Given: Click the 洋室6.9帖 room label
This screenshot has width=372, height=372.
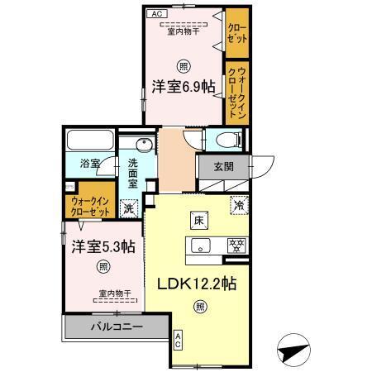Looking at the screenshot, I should tap(184, 83).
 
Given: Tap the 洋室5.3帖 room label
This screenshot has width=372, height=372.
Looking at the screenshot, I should tap(102, 246).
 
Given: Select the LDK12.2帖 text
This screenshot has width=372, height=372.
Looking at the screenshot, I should tap(198, 284).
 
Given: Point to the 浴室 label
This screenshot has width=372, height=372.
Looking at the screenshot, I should tap(89, 163).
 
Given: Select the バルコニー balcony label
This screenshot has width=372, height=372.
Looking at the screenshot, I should tap(117, 327).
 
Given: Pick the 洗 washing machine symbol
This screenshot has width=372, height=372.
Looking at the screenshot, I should tap(128, 207).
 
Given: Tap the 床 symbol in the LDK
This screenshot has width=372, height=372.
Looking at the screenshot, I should tap(199, 220).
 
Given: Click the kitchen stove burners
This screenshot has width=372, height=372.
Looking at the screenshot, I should tap(236, 245).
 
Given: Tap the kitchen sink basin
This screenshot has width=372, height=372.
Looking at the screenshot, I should tap(201, 245).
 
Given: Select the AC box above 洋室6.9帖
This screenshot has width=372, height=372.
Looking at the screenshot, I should tap(156, 14).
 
